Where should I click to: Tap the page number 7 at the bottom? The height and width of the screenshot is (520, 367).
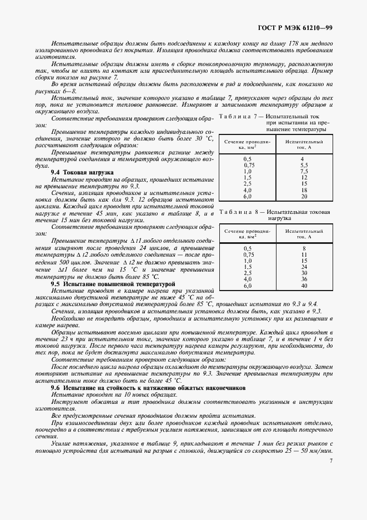click(331, 460)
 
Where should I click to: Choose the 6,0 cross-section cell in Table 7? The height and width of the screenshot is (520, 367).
click(248, 196)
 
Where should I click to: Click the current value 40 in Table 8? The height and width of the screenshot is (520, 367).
click(304, 285)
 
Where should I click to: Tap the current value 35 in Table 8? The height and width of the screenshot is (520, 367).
click(304, 279)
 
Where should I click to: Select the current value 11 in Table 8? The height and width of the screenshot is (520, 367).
click(304, 254)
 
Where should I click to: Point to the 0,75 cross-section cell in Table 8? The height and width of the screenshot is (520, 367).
click(248, 254)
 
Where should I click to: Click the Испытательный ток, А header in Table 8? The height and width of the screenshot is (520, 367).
click(304, 233)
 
